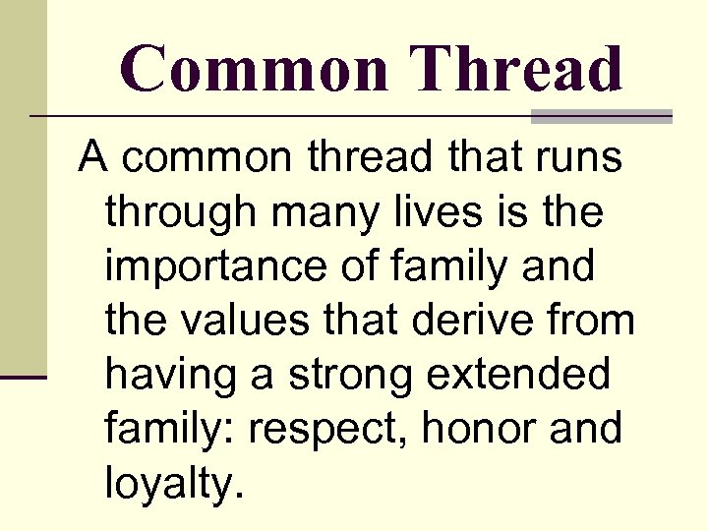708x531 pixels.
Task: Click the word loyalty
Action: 173,484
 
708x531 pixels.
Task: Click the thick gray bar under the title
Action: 601,116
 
